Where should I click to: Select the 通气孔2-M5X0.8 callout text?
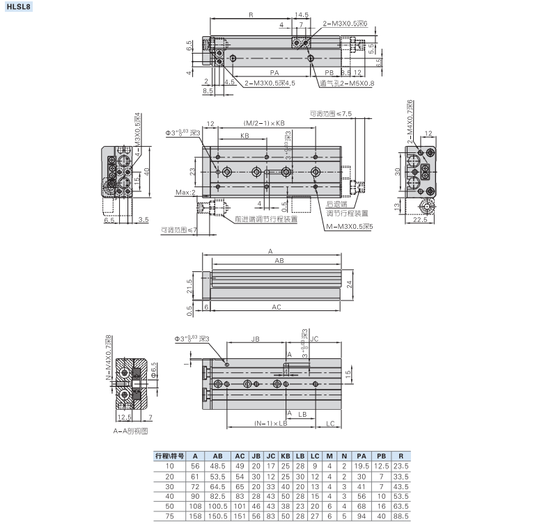[x=347, y=83]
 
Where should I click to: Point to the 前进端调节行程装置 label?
[x=265, y=218]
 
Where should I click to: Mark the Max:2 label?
[x=185, y=192]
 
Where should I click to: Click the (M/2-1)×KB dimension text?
[x=265, y=122]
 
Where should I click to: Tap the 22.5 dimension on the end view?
[x=419, y=220]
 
